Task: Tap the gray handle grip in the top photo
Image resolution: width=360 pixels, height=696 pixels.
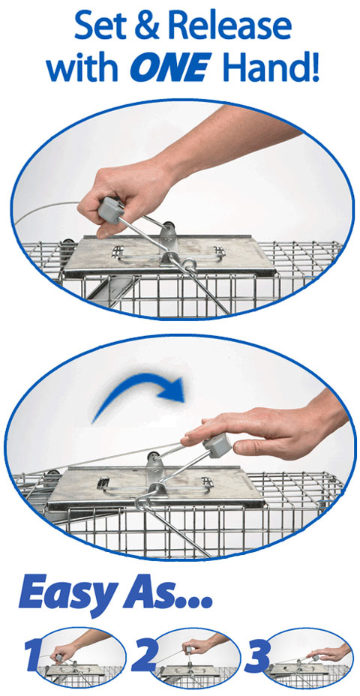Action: click(x=111, y=211)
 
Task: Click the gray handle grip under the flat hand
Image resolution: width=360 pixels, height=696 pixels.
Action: click(x=217, y=445)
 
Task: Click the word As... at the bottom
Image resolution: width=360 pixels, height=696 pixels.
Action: click(x=167, y=591)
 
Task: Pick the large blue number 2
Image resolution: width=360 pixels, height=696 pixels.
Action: click(x=144, y=654)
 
